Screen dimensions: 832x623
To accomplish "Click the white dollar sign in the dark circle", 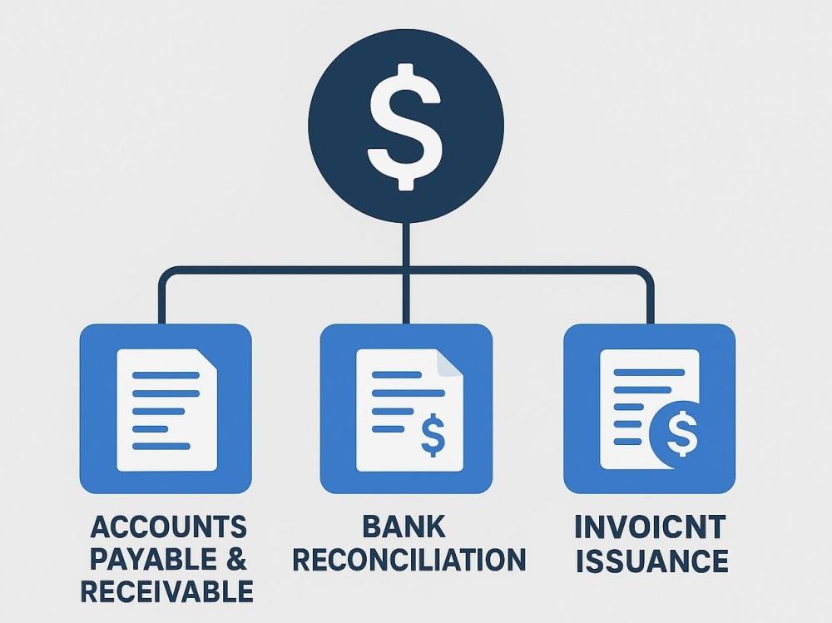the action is [405, 126].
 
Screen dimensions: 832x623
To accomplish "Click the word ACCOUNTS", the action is [169, 527].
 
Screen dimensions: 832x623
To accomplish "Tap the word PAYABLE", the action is [153, 559].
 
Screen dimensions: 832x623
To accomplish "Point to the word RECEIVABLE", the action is [167, 591].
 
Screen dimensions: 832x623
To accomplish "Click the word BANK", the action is [404, 527].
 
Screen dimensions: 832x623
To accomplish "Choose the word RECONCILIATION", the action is [409, 560].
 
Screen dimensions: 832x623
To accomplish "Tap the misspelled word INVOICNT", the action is [650, 527].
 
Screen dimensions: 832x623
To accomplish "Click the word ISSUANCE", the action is [652, 561].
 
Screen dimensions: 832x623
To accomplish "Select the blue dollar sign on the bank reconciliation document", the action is [433, 435].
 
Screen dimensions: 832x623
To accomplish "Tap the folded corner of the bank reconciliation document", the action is [449, 363].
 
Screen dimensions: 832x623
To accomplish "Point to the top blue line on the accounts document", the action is [166, 375].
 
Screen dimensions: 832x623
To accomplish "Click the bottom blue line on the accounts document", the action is [161, 447].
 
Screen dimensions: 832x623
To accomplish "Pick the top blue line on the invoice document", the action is [649, 373].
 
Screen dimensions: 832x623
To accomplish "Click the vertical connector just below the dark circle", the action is [407, 244].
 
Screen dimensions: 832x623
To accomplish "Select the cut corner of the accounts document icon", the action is [207, 358].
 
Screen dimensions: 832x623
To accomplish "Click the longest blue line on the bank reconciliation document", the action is [409, 393].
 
